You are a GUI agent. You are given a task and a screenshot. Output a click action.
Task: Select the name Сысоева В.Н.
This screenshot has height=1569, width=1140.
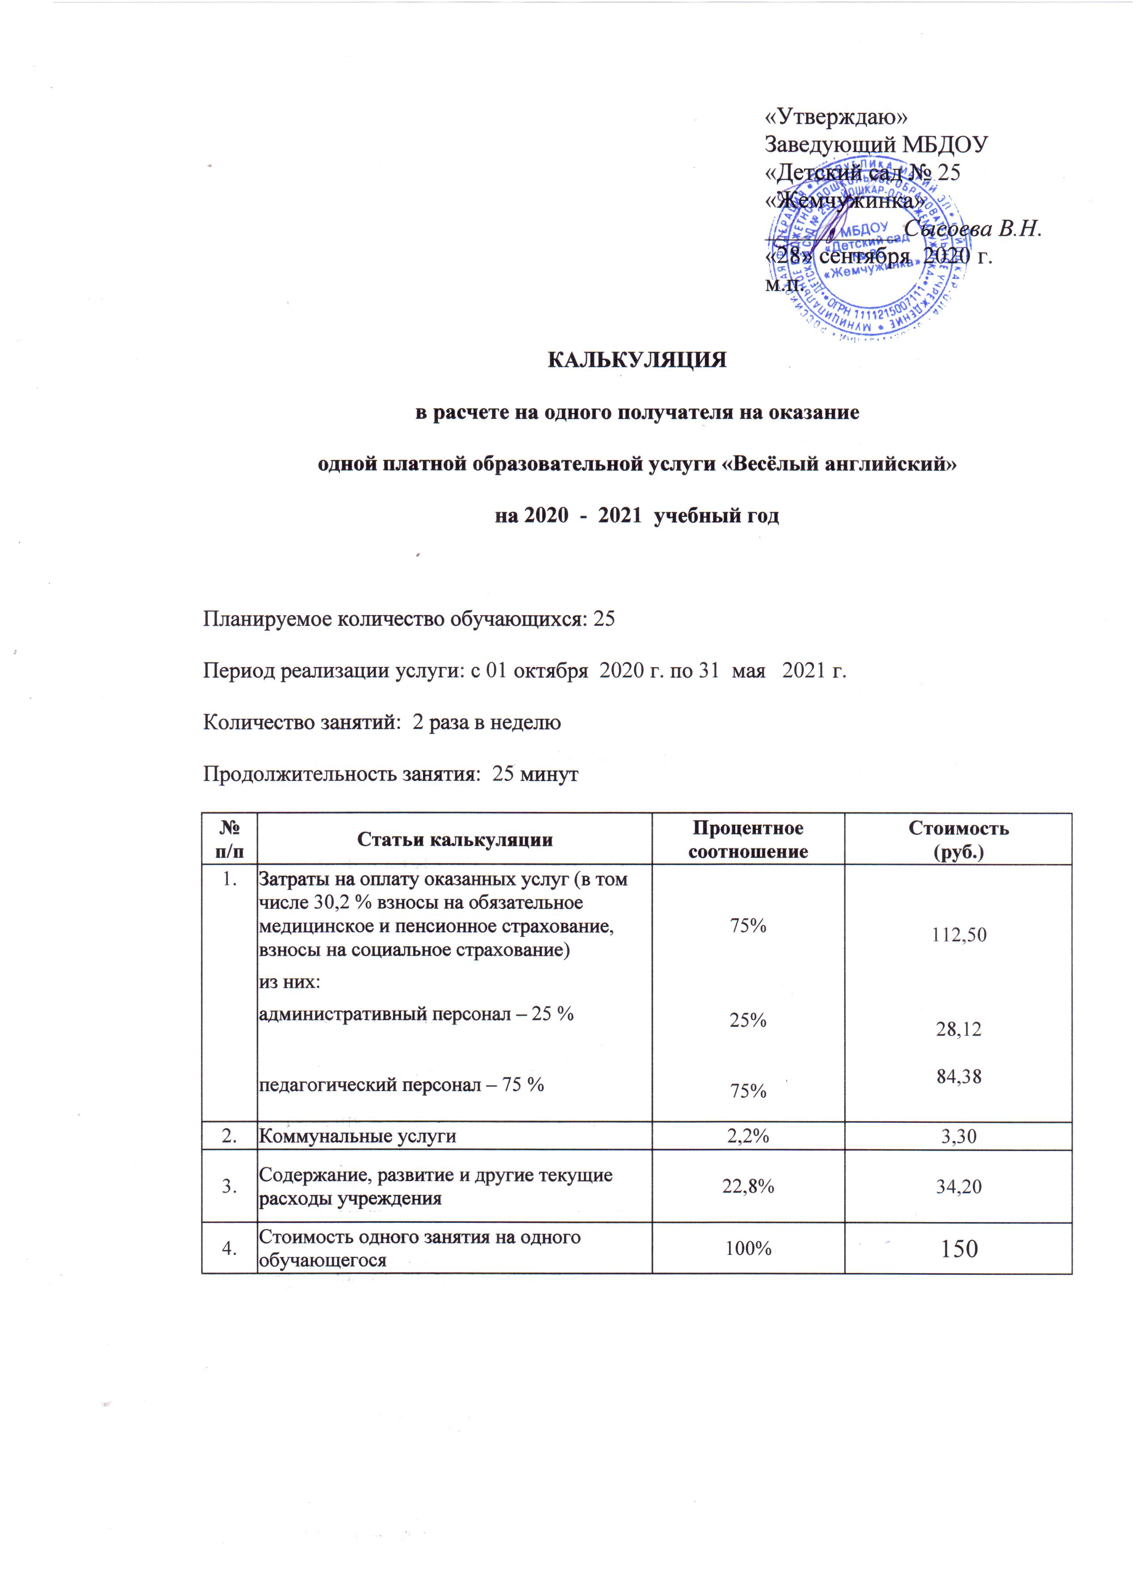tap(972, 228)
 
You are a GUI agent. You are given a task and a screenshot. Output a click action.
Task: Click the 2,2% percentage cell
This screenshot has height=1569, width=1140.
tap(748, 1136)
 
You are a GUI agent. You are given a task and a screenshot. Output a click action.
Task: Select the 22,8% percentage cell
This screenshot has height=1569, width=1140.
tap(748, 1186)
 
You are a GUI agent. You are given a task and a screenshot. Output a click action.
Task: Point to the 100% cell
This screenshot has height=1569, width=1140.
tap(748, 1248)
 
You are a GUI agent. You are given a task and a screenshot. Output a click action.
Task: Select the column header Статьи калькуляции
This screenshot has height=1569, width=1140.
tap(455, 840)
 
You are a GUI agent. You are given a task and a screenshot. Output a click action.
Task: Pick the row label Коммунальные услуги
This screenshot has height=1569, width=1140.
tap(357, 1136)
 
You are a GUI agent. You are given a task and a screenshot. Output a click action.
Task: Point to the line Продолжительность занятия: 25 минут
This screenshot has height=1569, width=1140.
tap(390, 774)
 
